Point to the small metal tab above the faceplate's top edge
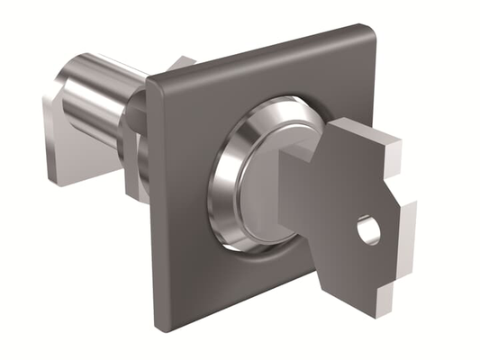coord(184,61)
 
